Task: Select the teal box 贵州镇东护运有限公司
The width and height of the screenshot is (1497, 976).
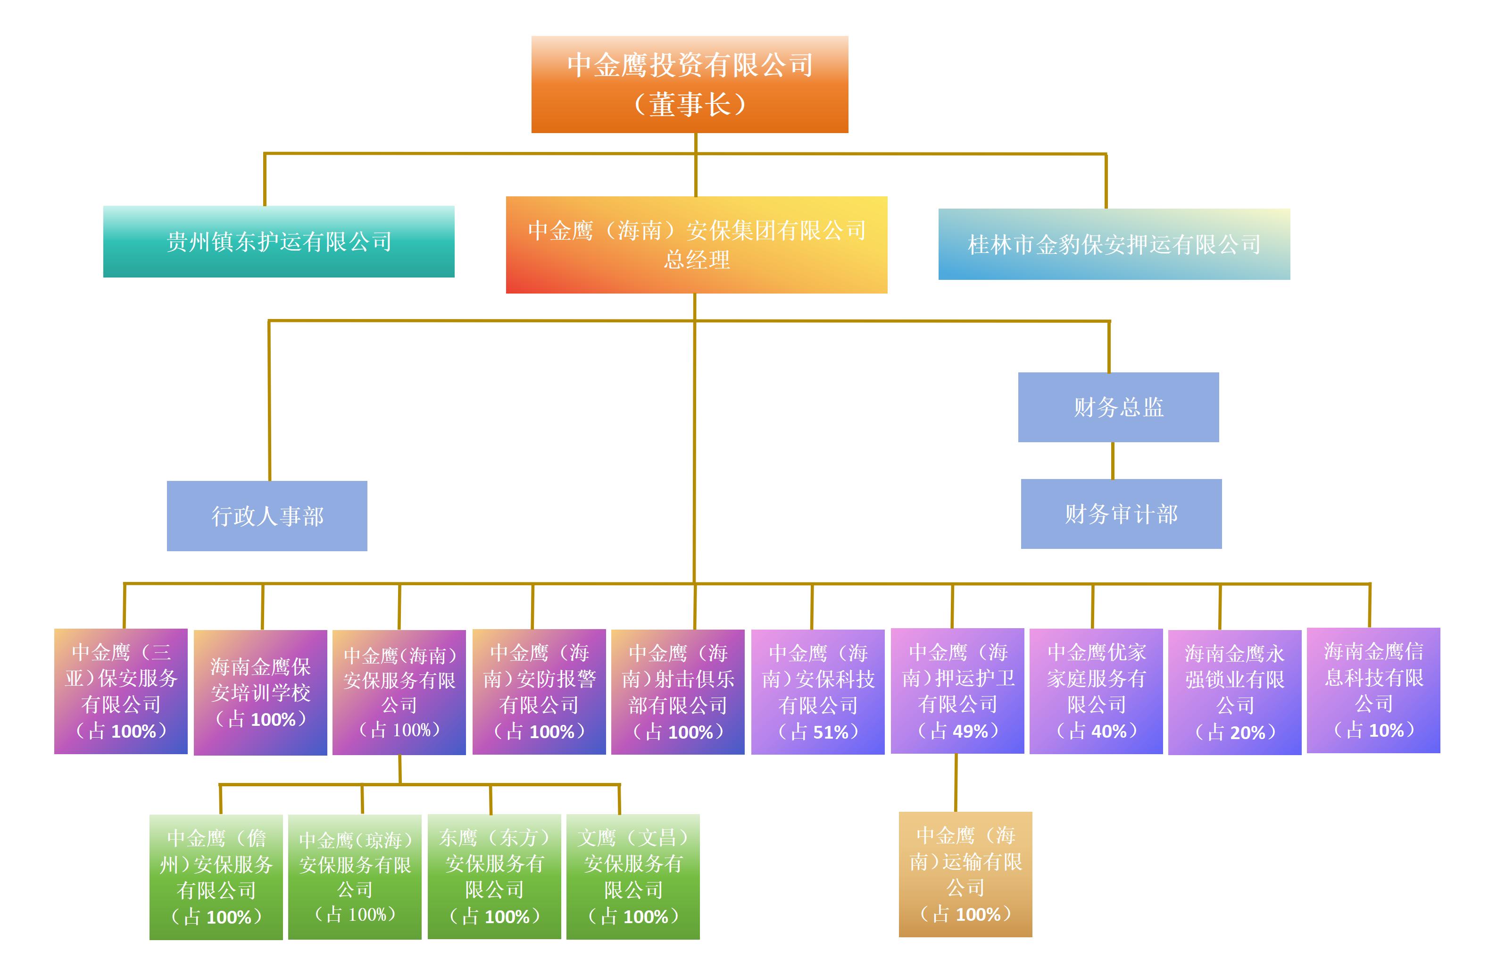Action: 279,242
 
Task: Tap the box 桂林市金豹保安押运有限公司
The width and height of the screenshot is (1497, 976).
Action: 1114,244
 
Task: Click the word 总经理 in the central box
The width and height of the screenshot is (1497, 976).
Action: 696,260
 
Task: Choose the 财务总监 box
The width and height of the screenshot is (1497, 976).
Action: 1118,407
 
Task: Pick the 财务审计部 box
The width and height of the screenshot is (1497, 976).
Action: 1121,514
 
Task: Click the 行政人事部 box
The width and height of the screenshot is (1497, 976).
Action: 266,516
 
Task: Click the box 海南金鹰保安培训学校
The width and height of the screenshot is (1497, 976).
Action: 260,692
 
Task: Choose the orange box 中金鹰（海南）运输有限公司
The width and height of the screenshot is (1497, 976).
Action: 965,874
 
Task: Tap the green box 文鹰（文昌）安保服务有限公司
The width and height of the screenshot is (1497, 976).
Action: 633,876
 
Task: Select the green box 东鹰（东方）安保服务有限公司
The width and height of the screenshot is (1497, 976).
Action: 494,876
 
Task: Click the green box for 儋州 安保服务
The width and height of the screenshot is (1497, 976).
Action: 216,876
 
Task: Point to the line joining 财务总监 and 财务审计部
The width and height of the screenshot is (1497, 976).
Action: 1113,461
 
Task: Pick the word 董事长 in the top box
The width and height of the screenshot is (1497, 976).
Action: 690,104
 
